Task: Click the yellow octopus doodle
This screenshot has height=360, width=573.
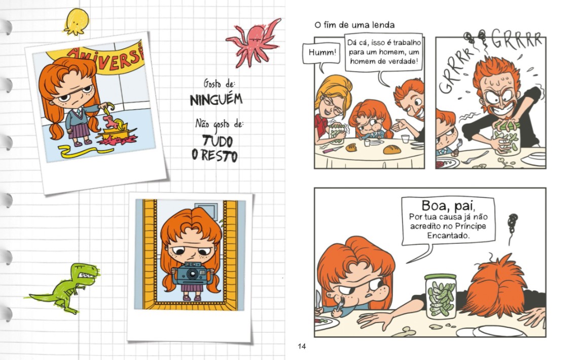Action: [76, 22]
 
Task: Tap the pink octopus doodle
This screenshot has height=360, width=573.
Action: [254, 42]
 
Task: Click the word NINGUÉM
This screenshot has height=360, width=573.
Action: [216, 99]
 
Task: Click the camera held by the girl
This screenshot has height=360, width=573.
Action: [192, 274]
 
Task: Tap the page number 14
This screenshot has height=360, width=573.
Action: [302, 346]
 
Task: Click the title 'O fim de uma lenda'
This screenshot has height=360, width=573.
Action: [354, 25]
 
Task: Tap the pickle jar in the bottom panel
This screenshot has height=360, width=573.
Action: [441, 297]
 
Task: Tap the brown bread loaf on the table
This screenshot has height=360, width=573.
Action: [392, 149]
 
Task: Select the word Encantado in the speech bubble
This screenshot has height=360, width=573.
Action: [448, 235]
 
